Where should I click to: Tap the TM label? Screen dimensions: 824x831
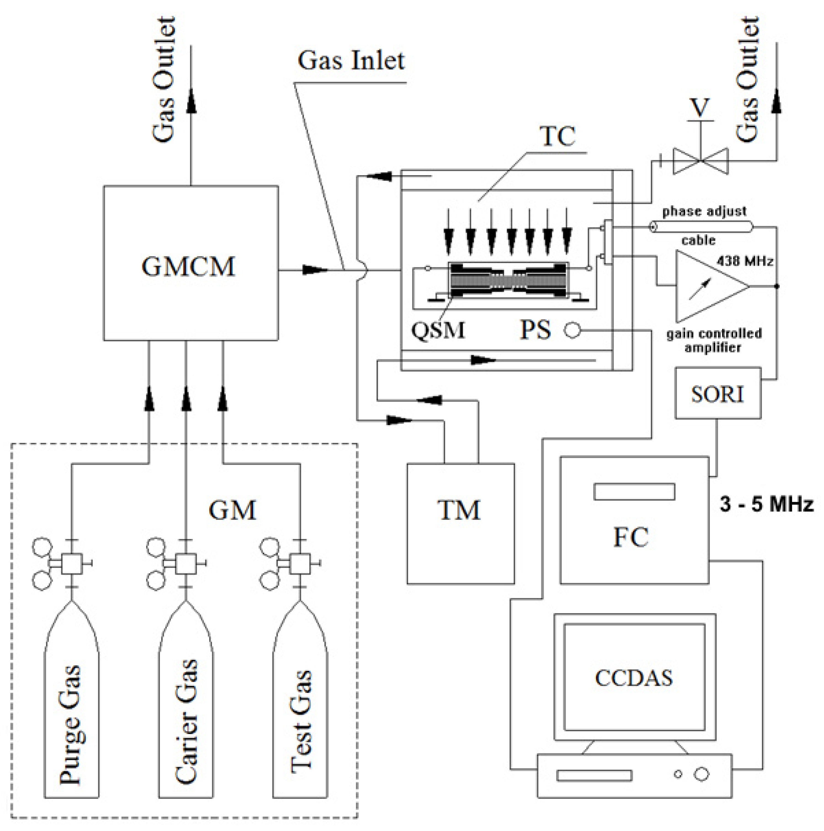point(459,510)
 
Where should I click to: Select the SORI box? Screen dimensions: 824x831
point(717,393)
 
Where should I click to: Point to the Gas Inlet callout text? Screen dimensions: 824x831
point(351,61)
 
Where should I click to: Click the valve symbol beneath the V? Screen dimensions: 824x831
point(700,161)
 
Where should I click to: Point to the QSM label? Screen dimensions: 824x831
point(438,330)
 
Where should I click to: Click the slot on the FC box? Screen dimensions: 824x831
point(634,492)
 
